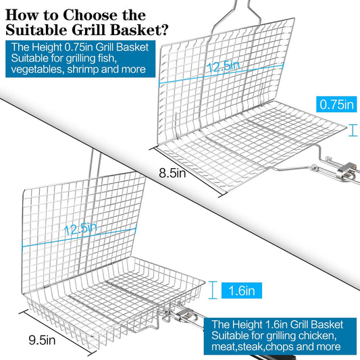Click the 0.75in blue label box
[x=336, y=105]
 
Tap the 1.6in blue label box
[x=242, y=290]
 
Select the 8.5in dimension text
[x=172, y=173]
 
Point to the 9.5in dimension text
[x=42, y=340]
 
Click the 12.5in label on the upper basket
[x=223, y=66]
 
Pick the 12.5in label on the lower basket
[x=80, y=229]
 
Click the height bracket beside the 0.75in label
[x=353, y=130]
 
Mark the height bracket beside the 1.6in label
[x=213, y=290]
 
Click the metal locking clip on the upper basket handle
[x=346, y=172]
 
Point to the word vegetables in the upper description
[x=37, y=70]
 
